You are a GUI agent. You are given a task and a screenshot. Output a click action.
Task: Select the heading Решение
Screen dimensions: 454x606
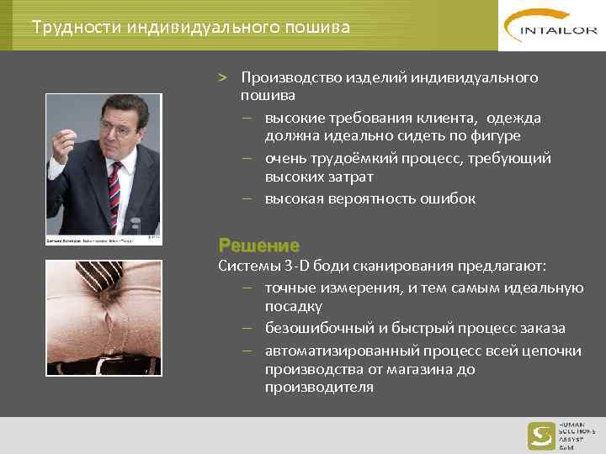[x=258, y=245]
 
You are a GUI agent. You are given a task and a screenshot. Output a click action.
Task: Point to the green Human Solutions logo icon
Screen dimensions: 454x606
[x=540, y=436]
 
